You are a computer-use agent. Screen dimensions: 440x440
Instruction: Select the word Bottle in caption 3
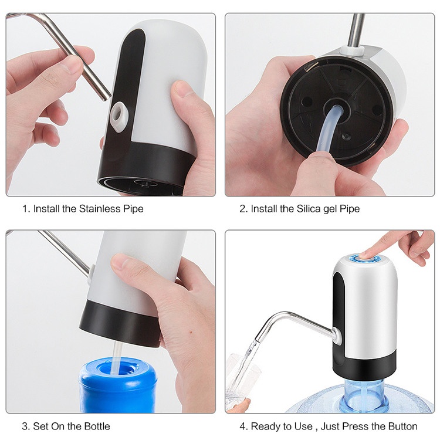pyautogui.click(x=95, y=426)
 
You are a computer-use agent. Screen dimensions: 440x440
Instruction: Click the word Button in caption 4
pyautogui.click(x=402, y=426)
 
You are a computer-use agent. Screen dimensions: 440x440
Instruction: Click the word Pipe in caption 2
pyautogui.click(x=350, y=209)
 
